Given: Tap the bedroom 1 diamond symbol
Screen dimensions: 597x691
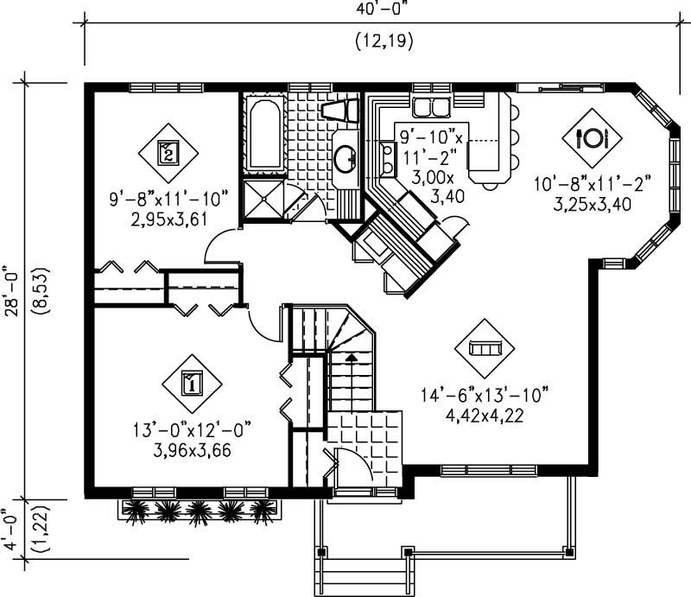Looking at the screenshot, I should (x=192, y=382).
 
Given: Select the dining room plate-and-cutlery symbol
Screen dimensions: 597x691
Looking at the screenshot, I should (x=593, y=137).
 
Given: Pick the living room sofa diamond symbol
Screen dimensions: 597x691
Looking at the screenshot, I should (x=484, y=347).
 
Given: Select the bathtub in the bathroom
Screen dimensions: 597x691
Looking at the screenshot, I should (x=265, y=134).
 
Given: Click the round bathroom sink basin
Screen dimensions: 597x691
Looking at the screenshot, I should (x=346, y=157).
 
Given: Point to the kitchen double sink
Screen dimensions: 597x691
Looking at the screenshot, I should (x=430, y=107).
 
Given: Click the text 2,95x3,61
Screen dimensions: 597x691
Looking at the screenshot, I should (x=169, y=219).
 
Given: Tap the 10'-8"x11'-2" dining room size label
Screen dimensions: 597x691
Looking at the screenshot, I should (x=592, y=183).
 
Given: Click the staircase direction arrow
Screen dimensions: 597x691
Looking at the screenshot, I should (x=351, y=355).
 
